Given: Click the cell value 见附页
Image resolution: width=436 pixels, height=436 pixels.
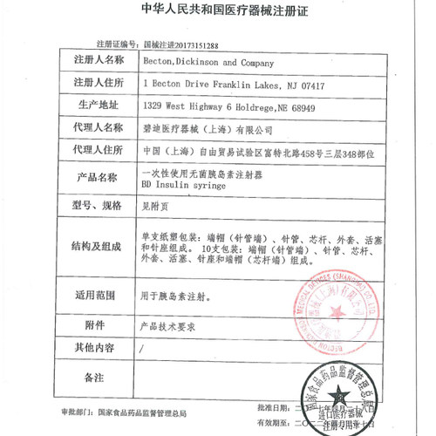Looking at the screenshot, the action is [154, 206].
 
